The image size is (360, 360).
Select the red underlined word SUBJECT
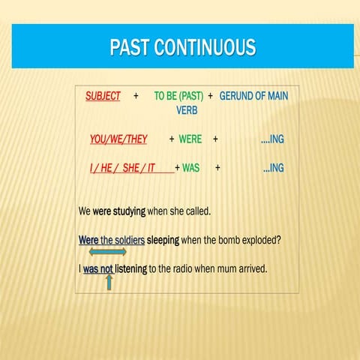pyautogui.click(x=103, y=97)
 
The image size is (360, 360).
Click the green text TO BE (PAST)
pyautogui.click(x=178, y=97)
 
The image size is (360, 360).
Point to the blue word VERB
pyautogui.click(x=187, y=110)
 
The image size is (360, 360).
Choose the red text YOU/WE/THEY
pyautogui.click(x=118, y=139)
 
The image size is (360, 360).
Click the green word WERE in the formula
pyautogui.click(x=190, y=139)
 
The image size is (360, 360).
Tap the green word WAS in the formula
pyautogui.click(x=190, y=168)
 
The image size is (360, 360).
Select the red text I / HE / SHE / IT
pyautogui.click(x=122, y=168)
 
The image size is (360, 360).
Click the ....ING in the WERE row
pyautogui.click(x=272, y=139)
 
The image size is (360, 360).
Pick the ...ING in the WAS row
pyautogui.click(x=274, y=168)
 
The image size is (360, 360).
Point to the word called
pyautogui.click(x=196, y=211)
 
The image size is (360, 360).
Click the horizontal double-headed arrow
pyautogui.click(x=107, y=252)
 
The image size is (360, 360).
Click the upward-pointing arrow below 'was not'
pyautogui.click(x=109, y=281)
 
